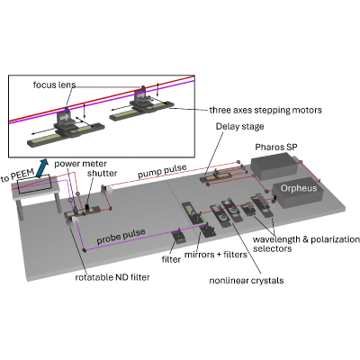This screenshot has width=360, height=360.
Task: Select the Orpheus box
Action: (298, 195)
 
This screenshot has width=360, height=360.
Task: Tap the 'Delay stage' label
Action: (239, 126)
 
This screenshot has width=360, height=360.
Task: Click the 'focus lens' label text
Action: (54, 85)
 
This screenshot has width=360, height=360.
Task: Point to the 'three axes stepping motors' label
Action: (265, 110)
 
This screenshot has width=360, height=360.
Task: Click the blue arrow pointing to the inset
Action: (41, 167)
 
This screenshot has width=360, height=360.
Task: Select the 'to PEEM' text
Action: (17, 175)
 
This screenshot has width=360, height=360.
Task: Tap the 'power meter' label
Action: (80, 164)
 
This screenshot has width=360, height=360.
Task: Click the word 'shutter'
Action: (103, 174)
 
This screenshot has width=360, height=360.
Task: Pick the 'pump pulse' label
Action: (162, 171)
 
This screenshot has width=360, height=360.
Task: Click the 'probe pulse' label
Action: (121, 236)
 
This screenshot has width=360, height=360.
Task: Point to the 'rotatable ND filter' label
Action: (112, 277)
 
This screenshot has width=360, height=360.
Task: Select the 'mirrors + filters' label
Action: (216, 255)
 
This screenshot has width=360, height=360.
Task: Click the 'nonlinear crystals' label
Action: (247, 281)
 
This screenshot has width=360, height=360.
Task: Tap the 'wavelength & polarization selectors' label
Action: (306, 244)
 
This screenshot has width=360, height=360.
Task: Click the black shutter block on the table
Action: (87, 208)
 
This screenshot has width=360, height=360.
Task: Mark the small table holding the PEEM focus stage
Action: (35, 192)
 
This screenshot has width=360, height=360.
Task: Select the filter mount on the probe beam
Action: (179, 237)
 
